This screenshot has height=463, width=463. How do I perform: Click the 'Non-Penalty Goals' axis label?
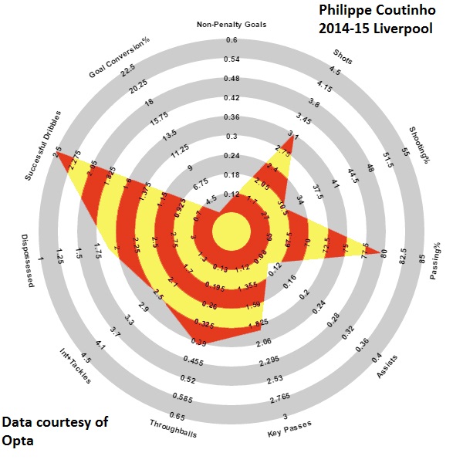coord(231,25)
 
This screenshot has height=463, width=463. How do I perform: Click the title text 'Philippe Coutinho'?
coord(376,12)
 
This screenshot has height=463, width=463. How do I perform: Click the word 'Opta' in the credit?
coord(18,442)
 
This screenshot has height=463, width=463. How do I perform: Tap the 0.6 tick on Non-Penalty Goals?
coord(231,40)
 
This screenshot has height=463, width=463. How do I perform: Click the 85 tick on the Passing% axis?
coord(422,259)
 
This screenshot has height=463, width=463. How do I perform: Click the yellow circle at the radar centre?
coord(231,232)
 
